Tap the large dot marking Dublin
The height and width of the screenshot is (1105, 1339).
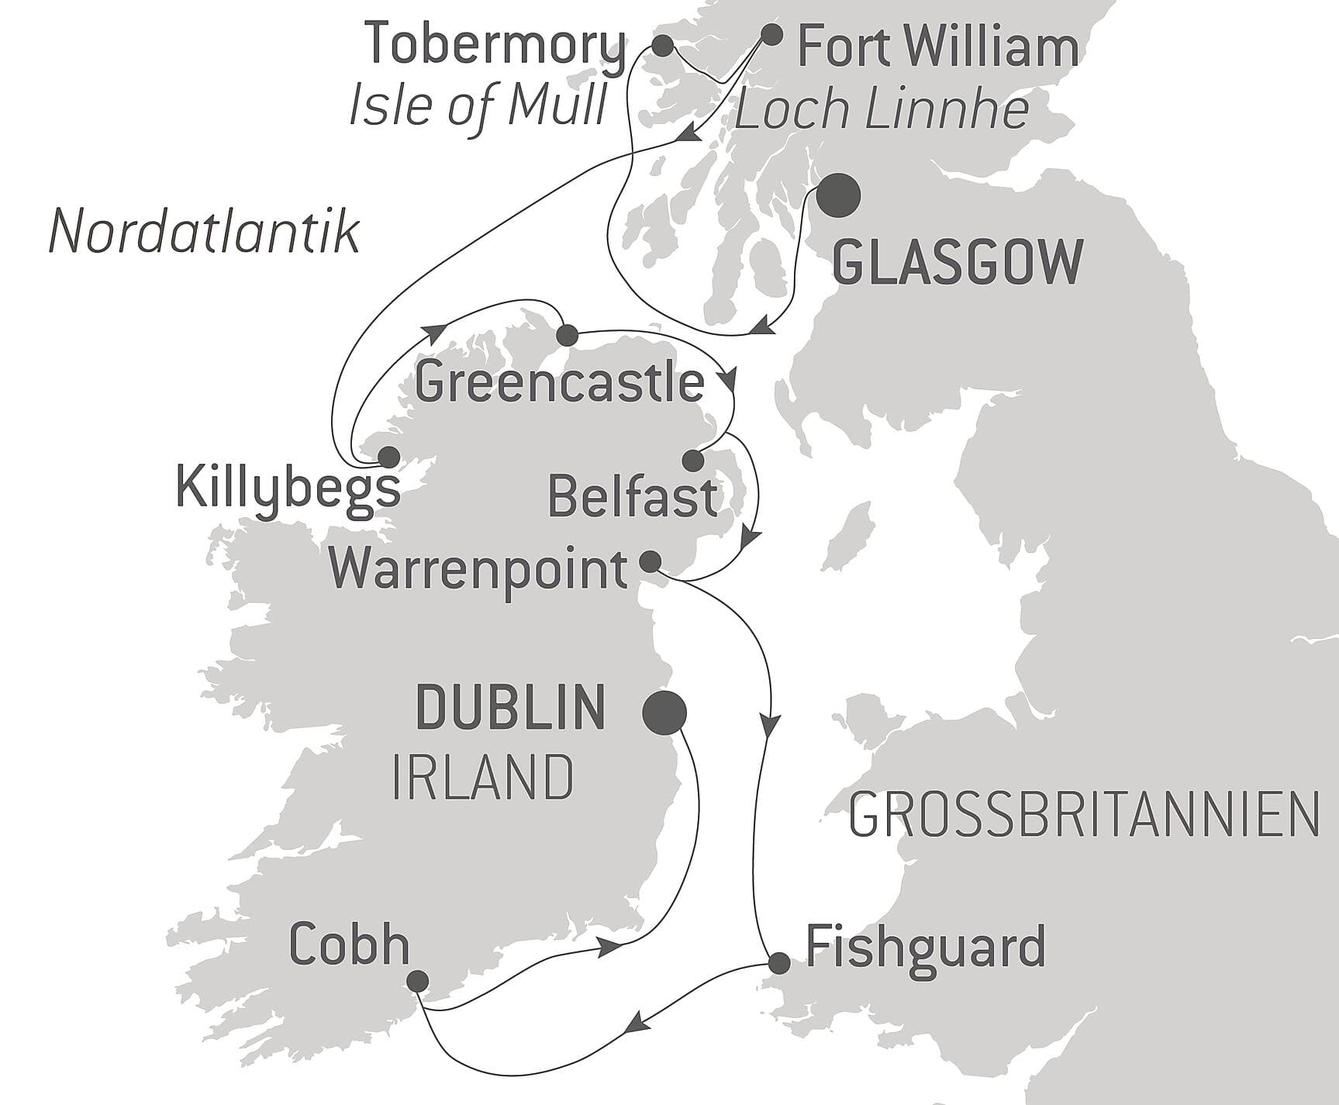coord(664,712)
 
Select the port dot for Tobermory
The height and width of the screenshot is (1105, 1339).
coord(662,46)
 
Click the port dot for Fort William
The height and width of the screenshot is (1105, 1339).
coord(771,34)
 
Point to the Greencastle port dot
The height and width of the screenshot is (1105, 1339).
coord(567,335)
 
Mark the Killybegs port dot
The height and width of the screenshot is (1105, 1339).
coord(388,457)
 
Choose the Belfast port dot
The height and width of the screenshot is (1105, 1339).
coord(692,461)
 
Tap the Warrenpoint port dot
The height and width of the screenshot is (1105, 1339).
coord(650,561)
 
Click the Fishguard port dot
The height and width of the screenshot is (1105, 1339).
coord(778,962)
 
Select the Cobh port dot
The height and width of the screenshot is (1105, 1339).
coord(417,981)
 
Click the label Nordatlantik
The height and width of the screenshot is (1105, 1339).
coord(204,232)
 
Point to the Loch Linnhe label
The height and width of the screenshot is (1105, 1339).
coord(882,110)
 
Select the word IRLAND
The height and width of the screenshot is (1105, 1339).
coord(482,778)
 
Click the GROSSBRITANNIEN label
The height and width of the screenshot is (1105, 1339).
coord(1084,815)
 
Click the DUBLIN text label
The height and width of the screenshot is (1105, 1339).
coord(511,707)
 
